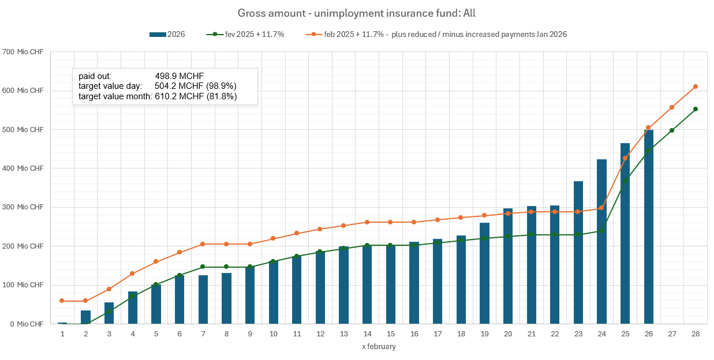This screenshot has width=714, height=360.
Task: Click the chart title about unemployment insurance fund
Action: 357,13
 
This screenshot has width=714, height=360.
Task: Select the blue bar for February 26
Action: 648,227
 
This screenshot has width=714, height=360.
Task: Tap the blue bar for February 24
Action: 601,242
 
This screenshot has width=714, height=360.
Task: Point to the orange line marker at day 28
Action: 696,87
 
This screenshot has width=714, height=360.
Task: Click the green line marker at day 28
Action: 696,109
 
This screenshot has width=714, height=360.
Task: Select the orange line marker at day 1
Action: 62,301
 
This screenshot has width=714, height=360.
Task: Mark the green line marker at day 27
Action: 672,130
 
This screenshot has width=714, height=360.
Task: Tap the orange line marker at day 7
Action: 203,244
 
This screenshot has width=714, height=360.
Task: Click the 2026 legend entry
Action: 167,35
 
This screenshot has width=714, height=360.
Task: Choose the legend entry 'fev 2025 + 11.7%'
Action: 245,35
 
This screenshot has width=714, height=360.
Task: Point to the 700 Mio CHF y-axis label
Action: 24,52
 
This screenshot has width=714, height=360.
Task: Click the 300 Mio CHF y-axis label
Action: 24,207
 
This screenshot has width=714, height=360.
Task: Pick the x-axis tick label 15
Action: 391,335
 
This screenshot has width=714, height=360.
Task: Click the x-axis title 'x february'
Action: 379,347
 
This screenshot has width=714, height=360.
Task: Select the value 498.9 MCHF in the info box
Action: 179,76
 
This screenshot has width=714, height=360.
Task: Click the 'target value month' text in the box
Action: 115,96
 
